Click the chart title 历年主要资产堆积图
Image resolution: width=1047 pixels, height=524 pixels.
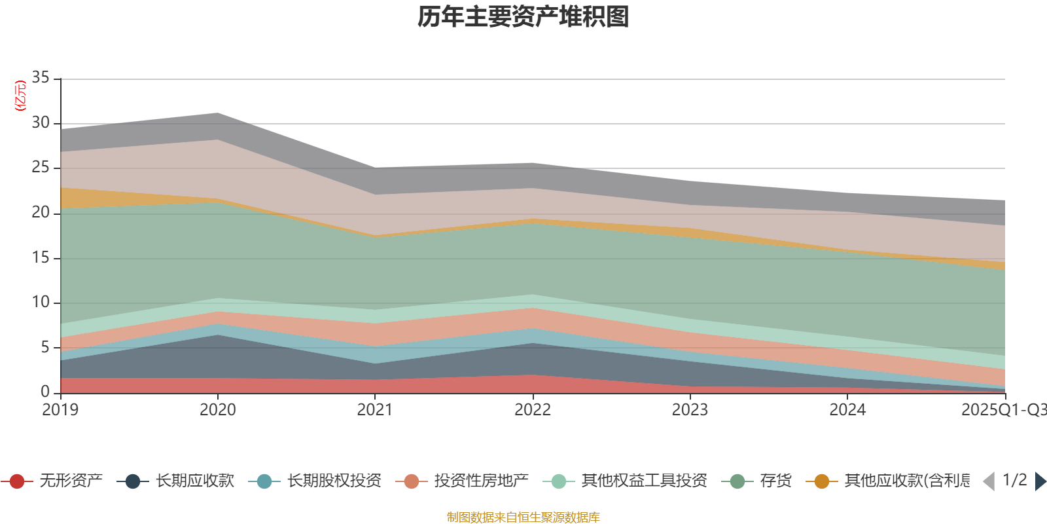click(x=523, y=17)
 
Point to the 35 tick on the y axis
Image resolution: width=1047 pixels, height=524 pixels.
click(x=41, y=78)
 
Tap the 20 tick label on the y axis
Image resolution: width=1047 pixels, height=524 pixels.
click(x=41, y=212)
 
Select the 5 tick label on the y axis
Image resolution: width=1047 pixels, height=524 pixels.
click(x=44, y=347)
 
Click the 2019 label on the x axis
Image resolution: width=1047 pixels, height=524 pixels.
click(x=60, y=410)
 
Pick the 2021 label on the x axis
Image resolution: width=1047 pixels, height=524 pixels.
click(x=375, y=410)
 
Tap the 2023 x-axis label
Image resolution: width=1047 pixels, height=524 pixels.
click(x=690, y=410)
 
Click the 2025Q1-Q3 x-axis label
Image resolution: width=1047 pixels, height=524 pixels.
click(x=1003, y=410)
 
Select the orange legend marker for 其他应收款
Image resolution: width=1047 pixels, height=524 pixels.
click(x=822, y=481)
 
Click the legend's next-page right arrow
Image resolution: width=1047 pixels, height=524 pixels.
click(x=1040, y=481)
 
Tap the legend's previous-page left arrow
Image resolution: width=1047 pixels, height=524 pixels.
click(x=989, y=481)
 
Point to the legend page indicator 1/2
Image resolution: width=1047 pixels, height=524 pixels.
click(x=1014, y=480)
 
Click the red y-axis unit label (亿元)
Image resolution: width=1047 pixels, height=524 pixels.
click(x=20, y=96)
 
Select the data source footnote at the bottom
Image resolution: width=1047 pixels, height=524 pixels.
click(x=523, y=517)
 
